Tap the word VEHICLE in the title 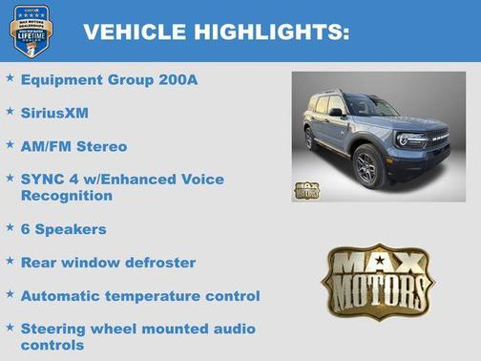click(135, 32)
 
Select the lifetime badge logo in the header click(31, 31)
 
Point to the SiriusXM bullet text click(54, 113)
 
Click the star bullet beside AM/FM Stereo click(10, 145)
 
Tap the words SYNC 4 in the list click(46, 179)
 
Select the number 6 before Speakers click(26, 229)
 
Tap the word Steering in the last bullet click(54, 329)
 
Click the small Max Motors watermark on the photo click(307, 188)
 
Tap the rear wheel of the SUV click(312, 139)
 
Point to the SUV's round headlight click(404, 139)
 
